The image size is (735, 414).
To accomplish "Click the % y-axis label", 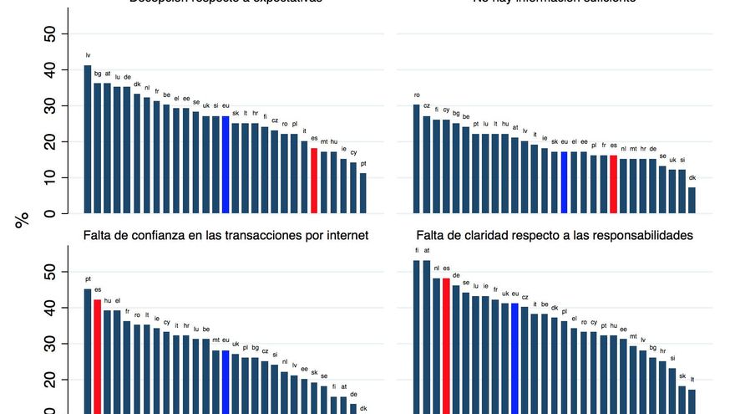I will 22,220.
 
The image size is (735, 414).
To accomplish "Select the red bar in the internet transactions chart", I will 98,356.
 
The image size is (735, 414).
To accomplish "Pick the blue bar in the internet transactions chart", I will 226,381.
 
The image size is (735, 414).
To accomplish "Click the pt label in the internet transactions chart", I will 88,279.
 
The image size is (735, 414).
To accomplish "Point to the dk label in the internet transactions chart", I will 363,407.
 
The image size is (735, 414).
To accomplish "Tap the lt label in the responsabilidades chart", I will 692,379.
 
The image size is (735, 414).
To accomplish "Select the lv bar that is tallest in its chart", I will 88,139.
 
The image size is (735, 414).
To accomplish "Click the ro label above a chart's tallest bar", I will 417,95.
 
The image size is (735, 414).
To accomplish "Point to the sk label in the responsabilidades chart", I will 682,376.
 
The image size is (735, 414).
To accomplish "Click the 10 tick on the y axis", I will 50,178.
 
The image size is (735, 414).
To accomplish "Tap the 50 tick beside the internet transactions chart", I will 50,273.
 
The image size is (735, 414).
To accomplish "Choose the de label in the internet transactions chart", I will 353,394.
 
